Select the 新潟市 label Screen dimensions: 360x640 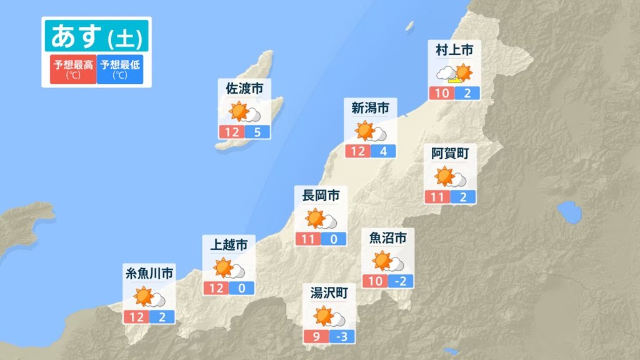click(370, 108)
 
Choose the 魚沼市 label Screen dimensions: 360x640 click(388, 237)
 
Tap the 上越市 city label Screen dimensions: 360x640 click(229, 244)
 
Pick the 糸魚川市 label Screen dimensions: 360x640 click(149, 273)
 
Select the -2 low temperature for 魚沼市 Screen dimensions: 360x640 click(401, 281)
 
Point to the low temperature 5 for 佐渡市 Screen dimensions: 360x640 click(257, 132)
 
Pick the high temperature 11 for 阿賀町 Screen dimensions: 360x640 click(437, 197)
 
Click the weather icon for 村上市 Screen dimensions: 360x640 click(454, 74)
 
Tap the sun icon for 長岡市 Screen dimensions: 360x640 click(315, 219)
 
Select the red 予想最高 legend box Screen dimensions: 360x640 click(73, 69)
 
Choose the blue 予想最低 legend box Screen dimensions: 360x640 click(121, 69)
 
